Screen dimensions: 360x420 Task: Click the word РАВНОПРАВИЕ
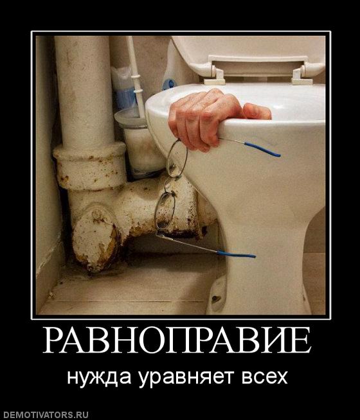coord(177,340)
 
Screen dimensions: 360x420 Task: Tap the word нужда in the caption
coord(99,378)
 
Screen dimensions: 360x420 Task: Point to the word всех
coord(265,378)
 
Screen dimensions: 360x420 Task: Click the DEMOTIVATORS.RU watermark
coord(44,415)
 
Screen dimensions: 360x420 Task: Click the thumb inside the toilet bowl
coord(257,112)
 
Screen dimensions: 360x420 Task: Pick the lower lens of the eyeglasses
coord(165,211)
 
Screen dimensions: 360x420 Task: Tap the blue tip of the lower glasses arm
coord(236,254)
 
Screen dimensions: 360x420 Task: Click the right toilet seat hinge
coord(302,76)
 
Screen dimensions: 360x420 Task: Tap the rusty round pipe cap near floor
coord(96,238)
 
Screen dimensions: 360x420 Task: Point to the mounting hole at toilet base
coord(216,299)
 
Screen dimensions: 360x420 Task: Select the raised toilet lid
coord(249,55)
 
